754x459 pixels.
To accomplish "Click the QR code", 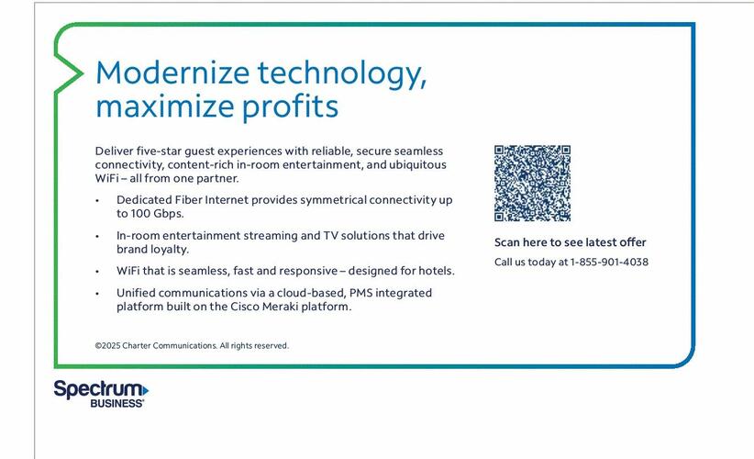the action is [532, 184].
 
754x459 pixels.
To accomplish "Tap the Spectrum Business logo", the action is [101, 394].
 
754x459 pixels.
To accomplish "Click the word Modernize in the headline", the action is [172, 73].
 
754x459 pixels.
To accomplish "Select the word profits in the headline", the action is [290, 106].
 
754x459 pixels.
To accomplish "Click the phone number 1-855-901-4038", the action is [609, 263].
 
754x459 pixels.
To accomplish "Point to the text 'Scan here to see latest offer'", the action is [570, 242].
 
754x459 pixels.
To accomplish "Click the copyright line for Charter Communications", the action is [192, 345].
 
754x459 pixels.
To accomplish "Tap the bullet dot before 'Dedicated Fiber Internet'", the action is [97, 201].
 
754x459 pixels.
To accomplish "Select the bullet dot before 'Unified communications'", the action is [97, 294].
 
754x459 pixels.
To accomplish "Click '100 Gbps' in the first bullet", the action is [157, 214].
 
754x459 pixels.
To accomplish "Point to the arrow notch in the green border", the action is [83, 73].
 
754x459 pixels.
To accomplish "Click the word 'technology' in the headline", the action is [342, 74].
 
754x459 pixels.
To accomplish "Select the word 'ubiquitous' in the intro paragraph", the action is [417, 165].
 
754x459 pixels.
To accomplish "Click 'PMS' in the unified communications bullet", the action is [360, 293].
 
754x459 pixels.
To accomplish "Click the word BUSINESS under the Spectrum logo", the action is [116, 403].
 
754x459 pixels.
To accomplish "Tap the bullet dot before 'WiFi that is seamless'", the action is [97, 272].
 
